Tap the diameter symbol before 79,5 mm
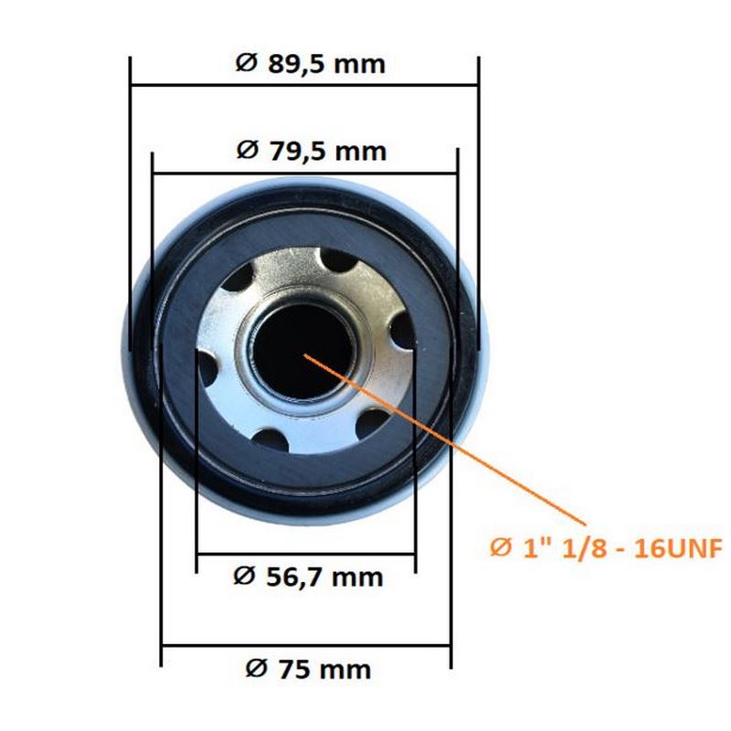click(x=247, y=150)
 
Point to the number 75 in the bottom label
click(x=295, y=670)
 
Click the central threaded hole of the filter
click(x=303, y=351)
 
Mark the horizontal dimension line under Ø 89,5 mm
click(x=304, y=85)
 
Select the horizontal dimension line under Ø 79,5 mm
click(x=305, y=174)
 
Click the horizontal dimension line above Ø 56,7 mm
click(x=306, y=555)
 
